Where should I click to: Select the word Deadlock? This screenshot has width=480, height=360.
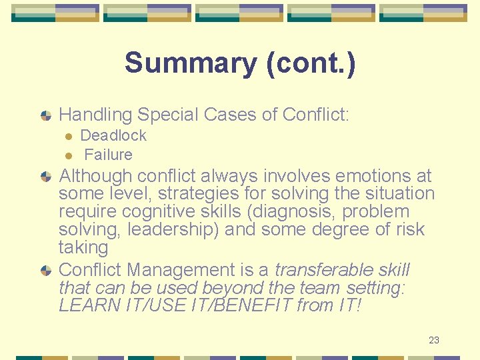[x=113, y=136]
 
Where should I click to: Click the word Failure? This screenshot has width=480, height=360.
[x=109, y=155]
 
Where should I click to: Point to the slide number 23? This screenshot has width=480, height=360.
[x=434, y=340]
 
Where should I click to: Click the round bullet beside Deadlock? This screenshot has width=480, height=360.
[x=67, y=137]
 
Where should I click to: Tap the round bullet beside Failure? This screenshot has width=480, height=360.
[x=67, y=156]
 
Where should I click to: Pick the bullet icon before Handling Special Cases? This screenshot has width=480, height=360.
[x=46, y=115]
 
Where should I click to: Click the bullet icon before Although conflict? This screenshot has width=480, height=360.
[x=46, y=177]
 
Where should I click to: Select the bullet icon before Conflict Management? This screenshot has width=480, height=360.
[x=46, y=271]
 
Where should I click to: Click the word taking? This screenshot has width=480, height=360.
[x=83, y=248]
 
